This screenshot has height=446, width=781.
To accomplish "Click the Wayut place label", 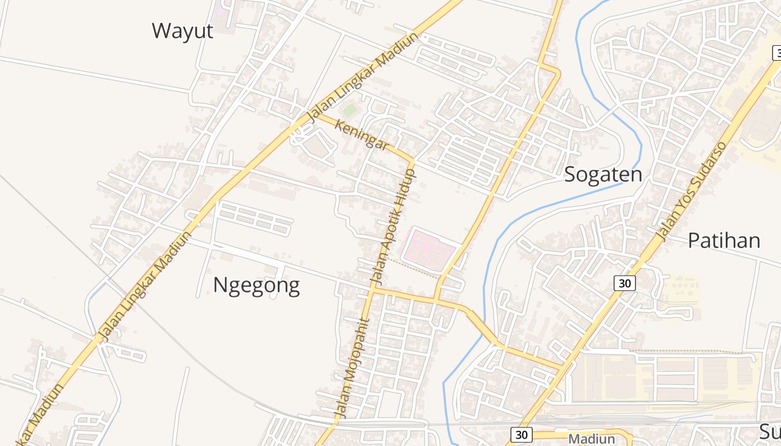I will click(182, 31).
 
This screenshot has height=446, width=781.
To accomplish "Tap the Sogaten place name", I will click(603, 174).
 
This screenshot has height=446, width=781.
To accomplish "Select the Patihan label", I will click(724, 240).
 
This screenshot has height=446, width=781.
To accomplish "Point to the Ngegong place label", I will click(256, 285).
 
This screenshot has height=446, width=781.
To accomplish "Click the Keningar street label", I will click(361, 135).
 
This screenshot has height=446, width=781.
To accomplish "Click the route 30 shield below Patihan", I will click(625, 283).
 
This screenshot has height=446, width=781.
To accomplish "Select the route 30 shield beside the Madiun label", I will click(521, 435).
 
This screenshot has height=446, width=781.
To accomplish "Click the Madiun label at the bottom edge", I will click(591, 439).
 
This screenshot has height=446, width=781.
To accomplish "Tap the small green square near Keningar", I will click(349, 110).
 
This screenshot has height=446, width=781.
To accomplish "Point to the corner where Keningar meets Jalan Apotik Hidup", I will click(413, 161).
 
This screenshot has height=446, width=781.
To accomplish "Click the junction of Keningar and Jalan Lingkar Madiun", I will click(314, 115).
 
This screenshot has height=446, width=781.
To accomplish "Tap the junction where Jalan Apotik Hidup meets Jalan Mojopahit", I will click(372, 289).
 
